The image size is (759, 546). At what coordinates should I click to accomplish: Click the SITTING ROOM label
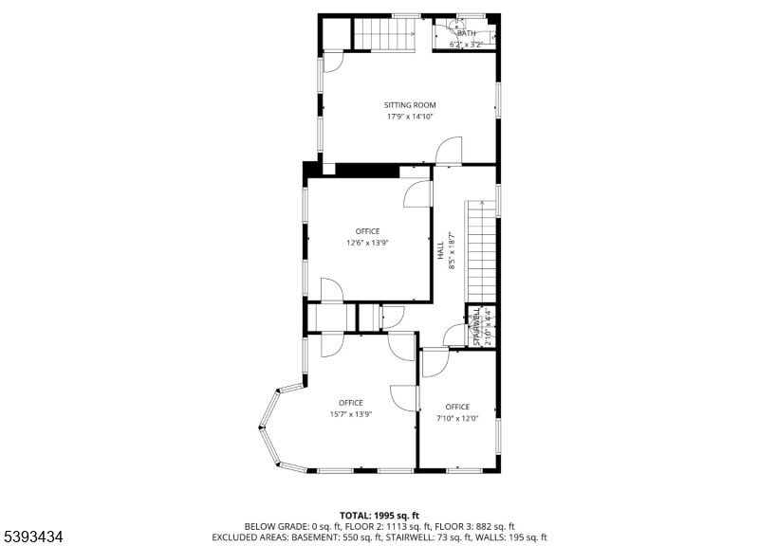click(x=409, y=104)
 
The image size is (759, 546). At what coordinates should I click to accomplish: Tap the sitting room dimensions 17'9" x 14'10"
click(x=409, y=117)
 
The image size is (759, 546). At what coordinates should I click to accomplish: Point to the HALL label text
click(x=441, y=251)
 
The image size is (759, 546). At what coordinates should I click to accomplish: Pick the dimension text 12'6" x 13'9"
click(x=367, y=243)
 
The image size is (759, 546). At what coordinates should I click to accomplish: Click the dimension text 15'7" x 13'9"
click(x=351, y=414)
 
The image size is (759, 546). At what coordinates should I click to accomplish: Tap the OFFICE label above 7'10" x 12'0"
click(x=457, y=407)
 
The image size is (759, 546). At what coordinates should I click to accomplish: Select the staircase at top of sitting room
click(x=385, y=34)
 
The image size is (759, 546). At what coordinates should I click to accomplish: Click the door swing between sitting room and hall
click(x=448, y=152)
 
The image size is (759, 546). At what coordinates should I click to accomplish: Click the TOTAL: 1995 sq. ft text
click(x=379, y=514)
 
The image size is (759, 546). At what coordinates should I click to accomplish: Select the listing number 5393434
click(x=34, y=537)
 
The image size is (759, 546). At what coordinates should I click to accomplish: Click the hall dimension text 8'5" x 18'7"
click(x=452, y=251)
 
